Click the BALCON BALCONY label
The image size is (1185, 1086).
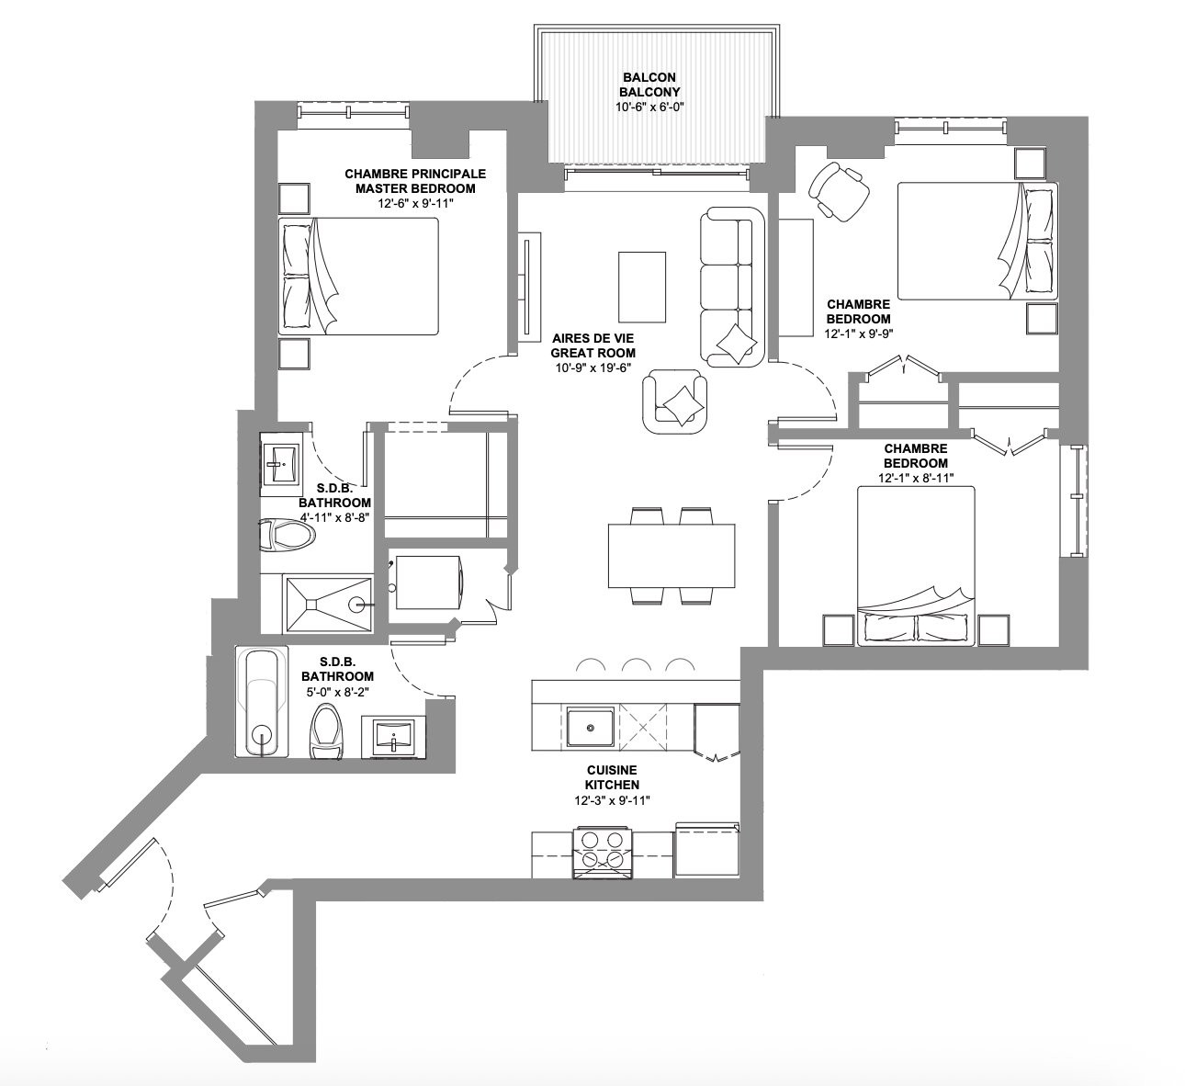(x=649, y=85)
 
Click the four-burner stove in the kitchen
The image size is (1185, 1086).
(x=603, y=854)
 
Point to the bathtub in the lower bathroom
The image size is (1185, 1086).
(x=262, y=701)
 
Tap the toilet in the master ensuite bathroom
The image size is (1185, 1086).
(x=288, y=536)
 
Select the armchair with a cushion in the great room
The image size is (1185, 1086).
(x=675, y=402)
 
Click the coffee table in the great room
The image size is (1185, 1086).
(x=642, y=287)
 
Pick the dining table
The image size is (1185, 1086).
(x=671, y=556)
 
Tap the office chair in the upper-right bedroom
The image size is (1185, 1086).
(x=839, y=191)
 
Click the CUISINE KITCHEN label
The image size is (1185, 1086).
(x=612, y=777)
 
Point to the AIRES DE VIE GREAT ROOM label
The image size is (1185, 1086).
(x=593, y=345)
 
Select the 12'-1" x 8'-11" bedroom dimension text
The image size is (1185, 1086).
(x=916, y=478)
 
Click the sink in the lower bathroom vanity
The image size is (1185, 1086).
(x=394, y=736)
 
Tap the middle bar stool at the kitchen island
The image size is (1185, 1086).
(x=635, y=666)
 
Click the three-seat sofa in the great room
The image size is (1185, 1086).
(x=732, y=287)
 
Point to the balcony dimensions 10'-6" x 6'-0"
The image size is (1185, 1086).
(x=649, y=107)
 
